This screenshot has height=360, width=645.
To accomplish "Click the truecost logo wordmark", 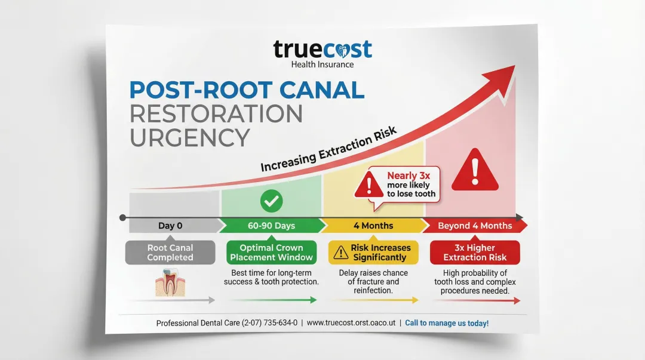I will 322,49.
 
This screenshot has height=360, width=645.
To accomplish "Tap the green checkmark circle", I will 272,201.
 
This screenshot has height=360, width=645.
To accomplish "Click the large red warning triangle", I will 475,170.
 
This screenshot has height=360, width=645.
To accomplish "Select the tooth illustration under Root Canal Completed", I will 169,282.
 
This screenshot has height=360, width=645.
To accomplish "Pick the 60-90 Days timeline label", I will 271,226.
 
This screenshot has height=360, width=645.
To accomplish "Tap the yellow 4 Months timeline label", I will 373,226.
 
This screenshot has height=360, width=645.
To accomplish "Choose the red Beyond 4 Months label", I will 475,226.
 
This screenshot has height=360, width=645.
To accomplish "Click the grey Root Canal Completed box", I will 170,253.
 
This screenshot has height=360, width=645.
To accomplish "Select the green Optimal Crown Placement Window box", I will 272,253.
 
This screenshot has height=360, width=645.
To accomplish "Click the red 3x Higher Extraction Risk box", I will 475,253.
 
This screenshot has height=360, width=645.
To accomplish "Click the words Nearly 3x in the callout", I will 404,176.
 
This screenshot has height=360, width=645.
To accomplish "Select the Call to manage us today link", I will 447,323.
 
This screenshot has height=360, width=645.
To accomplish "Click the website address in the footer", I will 353,323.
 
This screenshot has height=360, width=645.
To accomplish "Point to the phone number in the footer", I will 269,323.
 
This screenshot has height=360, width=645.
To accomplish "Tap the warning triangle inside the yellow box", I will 340,253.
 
